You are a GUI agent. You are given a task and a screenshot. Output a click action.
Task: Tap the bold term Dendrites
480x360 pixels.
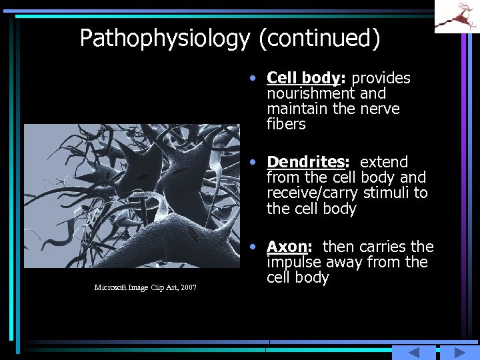(307, 161)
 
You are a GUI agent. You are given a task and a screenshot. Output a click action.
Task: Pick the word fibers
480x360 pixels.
(286, 125)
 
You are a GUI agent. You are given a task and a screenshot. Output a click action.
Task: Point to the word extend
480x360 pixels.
(383, 161)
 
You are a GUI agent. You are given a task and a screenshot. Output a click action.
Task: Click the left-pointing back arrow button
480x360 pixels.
(413, 352)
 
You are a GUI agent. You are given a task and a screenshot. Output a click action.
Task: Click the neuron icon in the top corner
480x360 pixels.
(457, 16)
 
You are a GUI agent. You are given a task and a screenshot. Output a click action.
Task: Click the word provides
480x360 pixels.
(381, 78)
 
